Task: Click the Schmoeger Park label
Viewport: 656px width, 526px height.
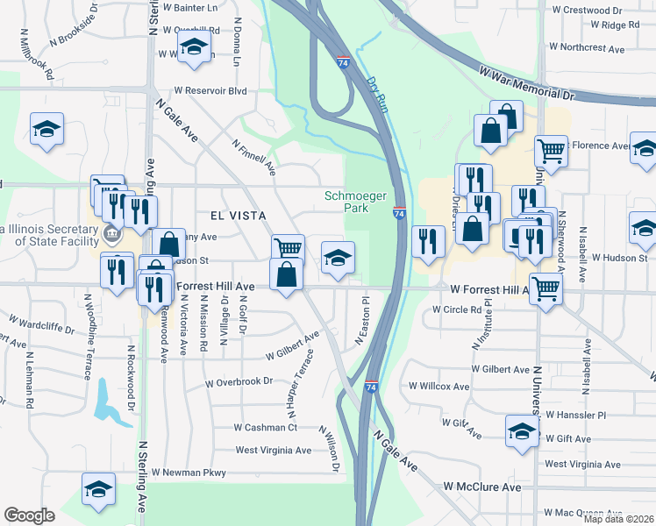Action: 356,203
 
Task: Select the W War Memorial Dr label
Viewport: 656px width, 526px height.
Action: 525,82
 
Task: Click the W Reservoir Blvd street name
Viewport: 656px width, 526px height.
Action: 210,90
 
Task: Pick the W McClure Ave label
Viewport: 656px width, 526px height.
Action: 481,487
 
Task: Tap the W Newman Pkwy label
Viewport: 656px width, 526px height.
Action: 189,473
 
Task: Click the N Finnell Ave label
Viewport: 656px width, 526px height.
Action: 254,155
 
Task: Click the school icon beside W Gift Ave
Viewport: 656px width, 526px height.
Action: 522,431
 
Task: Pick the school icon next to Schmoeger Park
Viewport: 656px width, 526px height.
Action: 338,257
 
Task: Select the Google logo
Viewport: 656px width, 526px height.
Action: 29,515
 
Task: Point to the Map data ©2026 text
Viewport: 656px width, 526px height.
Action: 618,519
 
